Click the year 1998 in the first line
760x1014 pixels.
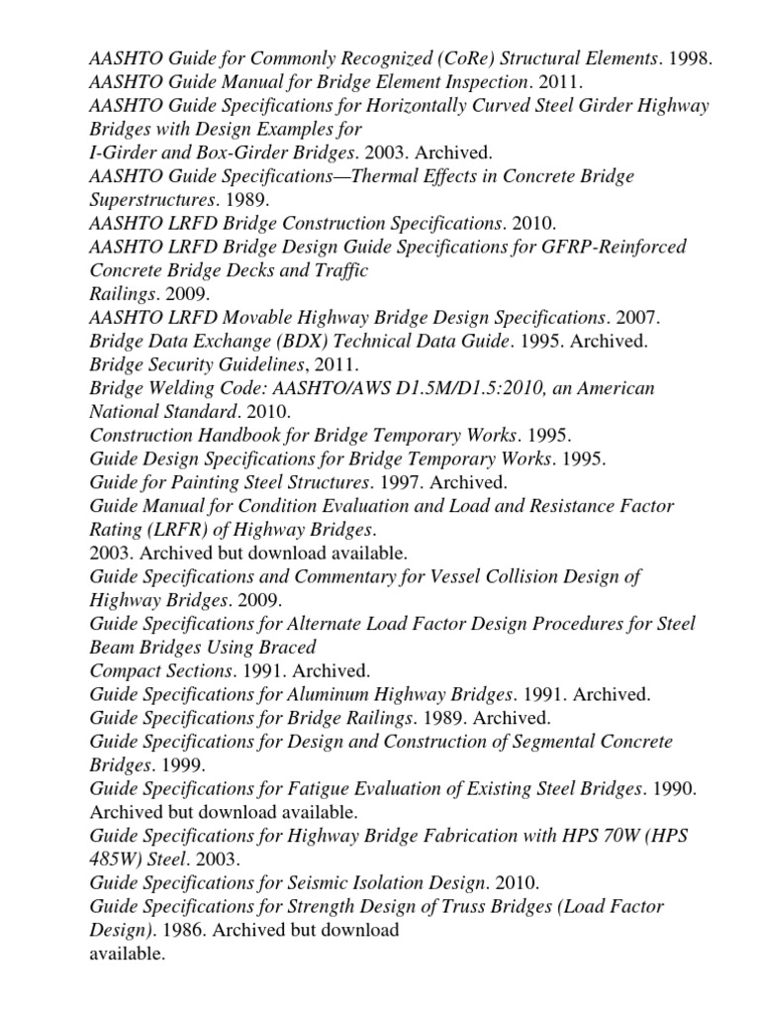pyautogui.click(x=689, y=58)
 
